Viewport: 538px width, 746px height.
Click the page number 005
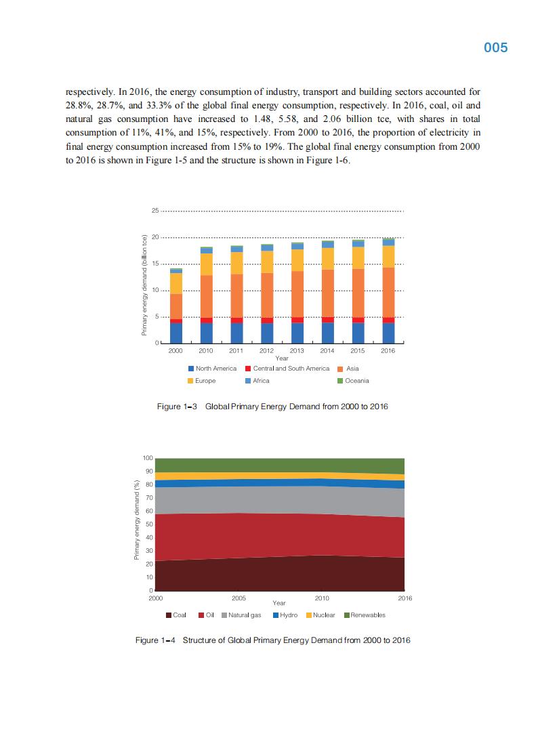pyautogui.click(x=496, y=48)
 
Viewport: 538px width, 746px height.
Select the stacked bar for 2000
pyautogui.click(x=175, y=306)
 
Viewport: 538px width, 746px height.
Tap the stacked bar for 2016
pyautogui.click(x=388, y=291)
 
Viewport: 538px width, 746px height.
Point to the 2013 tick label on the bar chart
pyautogui.click(x=297, y=351)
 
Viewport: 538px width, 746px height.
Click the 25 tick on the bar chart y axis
pyautogui.click(x=155, y=211)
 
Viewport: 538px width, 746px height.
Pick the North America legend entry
pyautogui.click(x=212, y=369)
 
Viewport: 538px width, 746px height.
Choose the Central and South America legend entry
pyautogui.click(x=287, y=369)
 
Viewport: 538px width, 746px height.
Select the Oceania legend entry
pyautogui.click(x=353, y=381)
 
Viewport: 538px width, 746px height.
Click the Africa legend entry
pyautogui.click(x=257, y=381)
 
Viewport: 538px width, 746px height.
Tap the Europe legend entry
pyautogui.click(x=201, y=381)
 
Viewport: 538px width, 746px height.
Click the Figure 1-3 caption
pyautogui.click(x=272, y=407)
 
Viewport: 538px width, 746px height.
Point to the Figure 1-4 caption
pyautogui.click(x=272, y=640)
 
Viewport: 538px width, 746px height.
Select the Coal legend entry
pyautogui.click(x=175, y=615)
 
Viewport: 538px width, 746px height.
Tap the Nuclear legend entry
pyautogui.click(x=320, y=615)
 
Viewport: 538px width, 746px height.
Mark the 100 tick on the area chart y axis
pyautogui.click(x=148, y=459)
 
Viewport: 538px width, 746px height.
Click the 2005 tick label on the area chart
pyautogui.click(x=239, y=599)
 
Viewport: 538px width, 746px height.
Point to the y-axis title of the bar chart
pyautogui.click(x=144, y=285)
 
